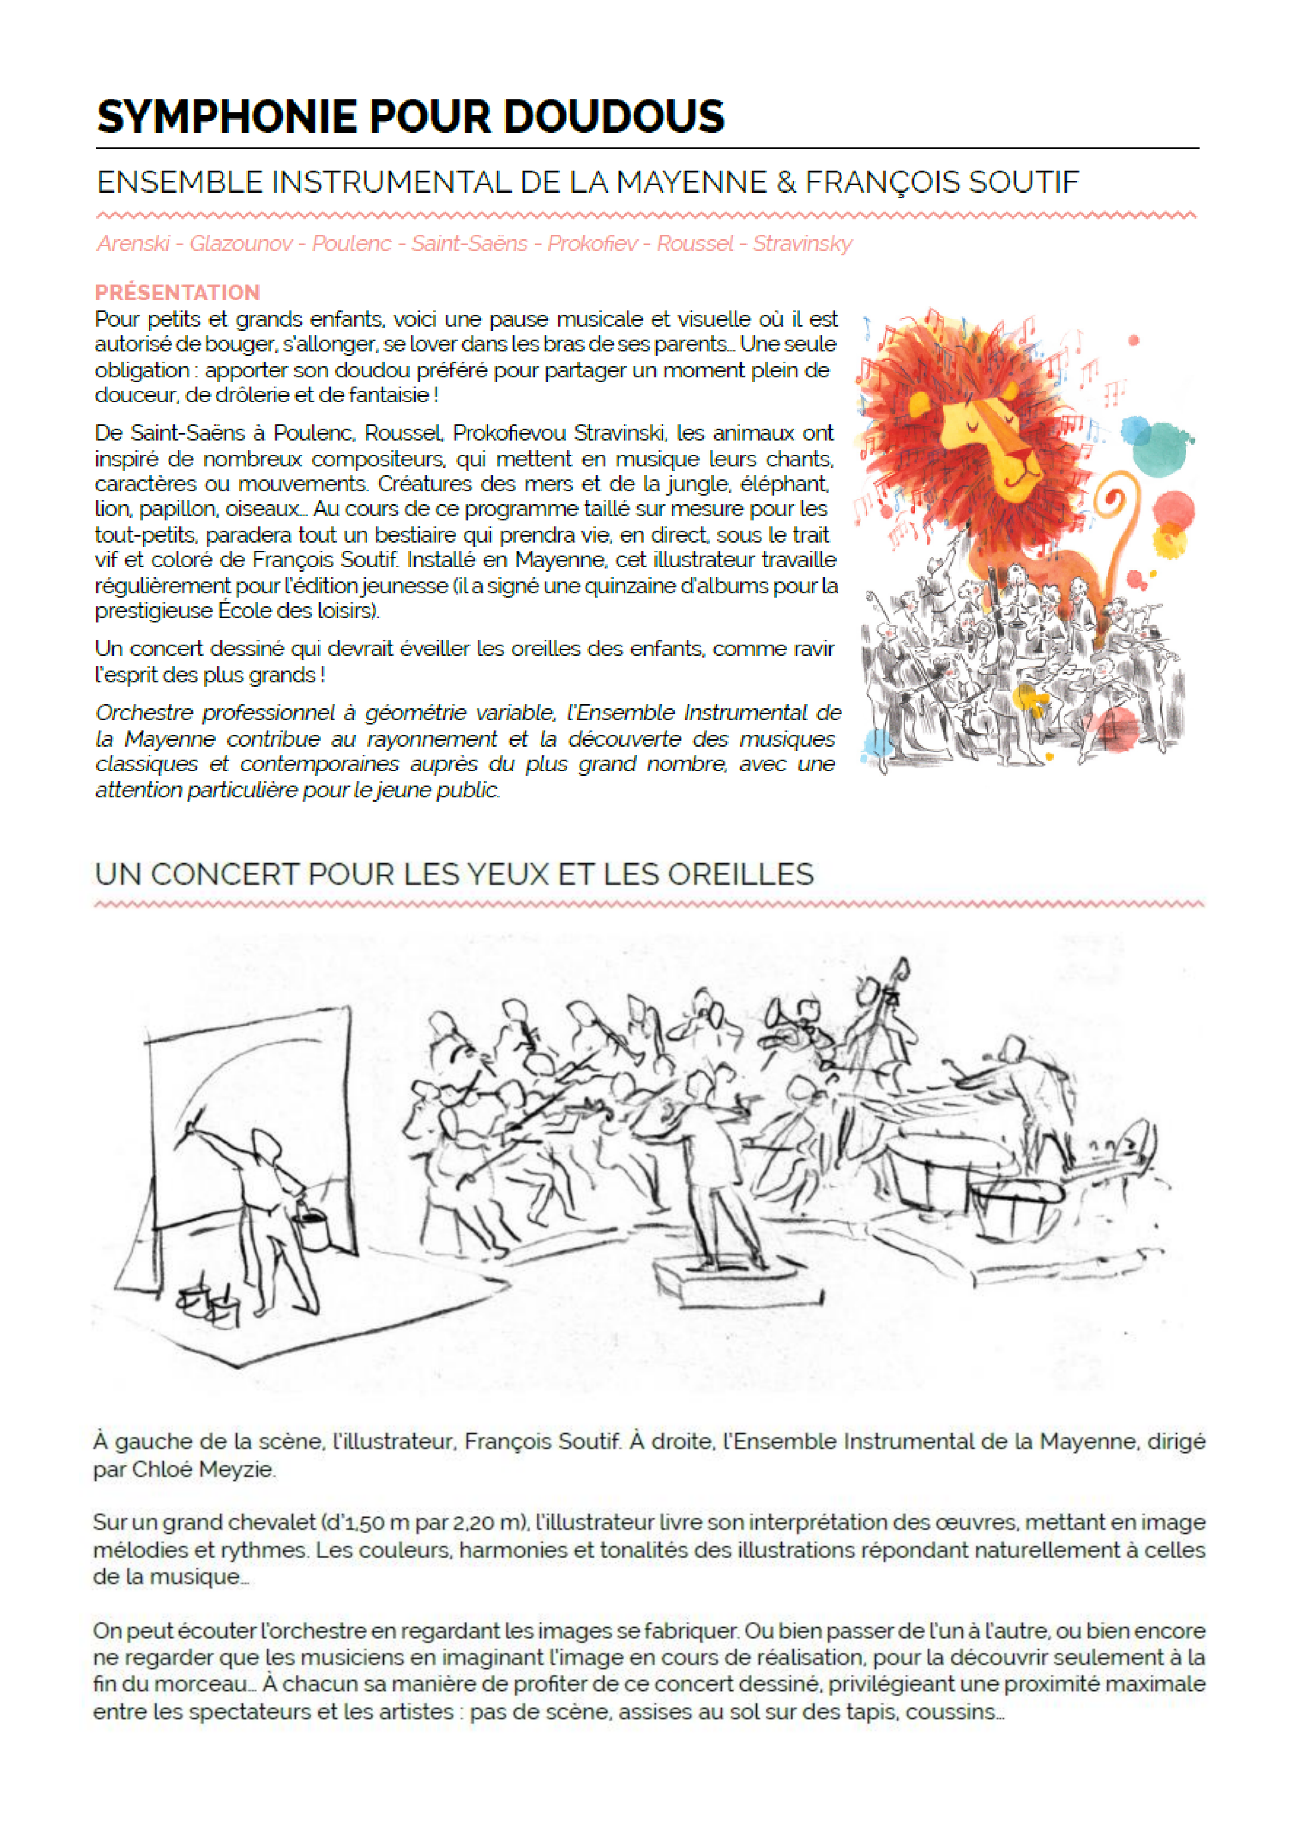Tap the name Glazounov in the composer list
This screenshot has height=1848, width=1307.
(241, 244)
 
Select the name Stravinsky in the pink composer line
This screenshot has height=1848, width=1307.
(802, 244)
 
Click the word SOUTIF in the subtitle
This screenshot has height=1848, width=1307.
(1023, 182)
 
